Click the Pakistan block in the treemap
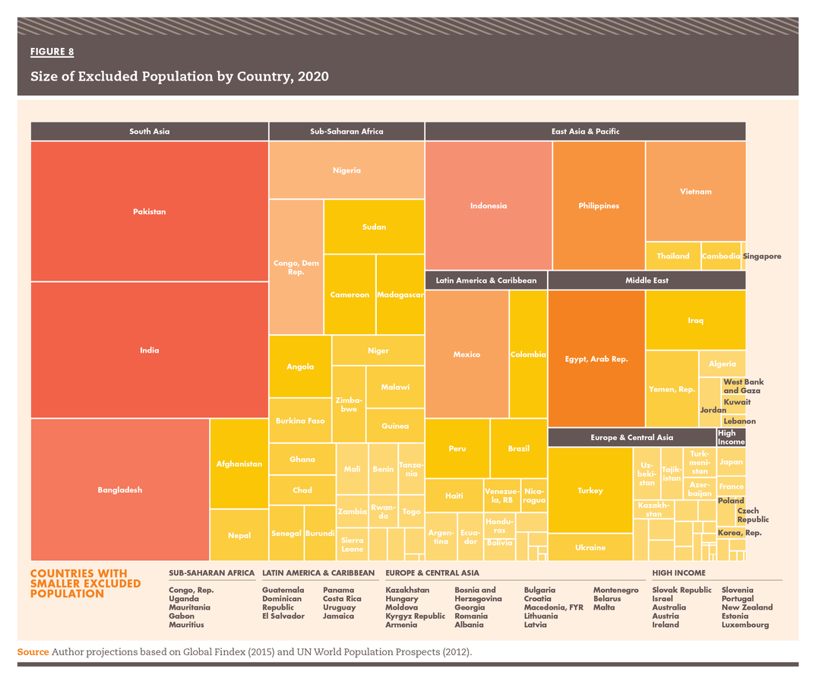150,211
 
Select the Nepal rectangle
239,535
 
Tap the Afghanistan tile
239,464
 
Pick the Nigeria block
346,170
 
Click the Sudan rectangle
374,226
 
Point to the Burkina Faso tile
300,420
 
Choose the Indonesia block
489,205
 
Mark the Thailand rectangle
672,256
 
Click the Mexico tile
467,354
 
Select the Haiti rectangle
454,496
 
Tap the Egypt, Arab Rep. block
596,359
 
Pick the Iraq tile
695,320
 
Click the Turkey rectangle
590,490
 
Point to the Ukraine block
590,547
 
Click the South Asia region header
150,131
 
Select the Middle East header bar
647,280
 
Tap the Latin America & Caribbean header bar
486,280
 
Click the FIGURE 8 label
52,52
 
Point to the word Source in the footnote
33,652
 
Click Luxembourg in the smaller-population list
745,625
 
